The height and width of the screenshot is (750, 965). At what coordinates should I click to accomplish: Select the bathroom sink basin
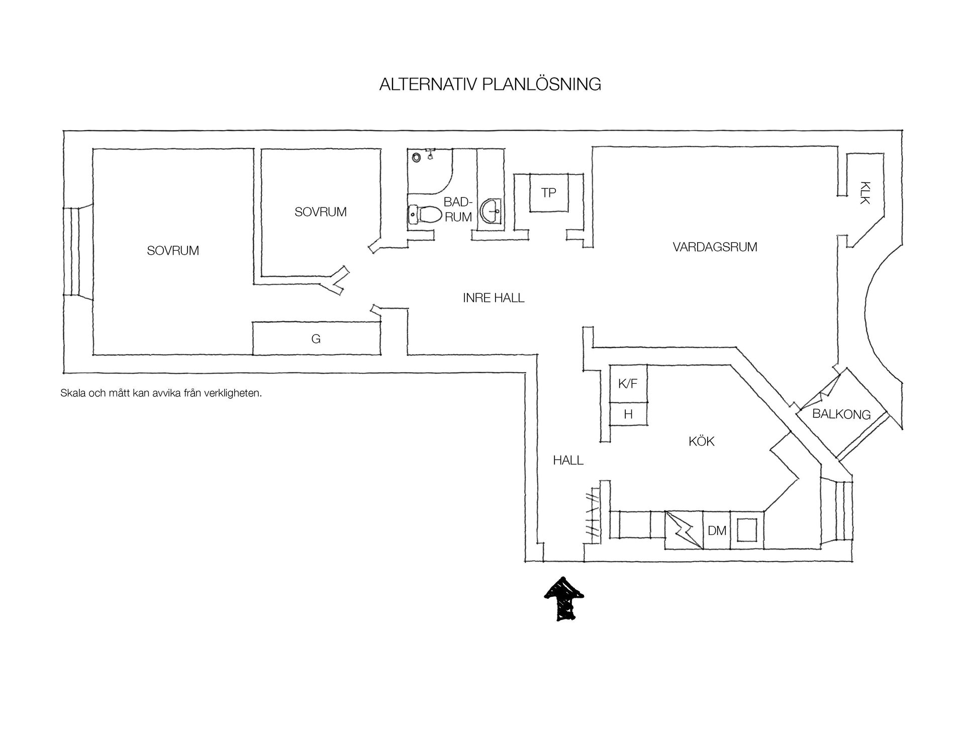click(x=491, y=211)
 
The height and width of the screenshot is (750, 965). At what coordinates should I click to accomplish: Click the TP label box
click(x=549, y=193)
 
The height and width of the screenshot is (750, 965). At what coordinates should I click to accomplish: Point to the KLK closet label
click(x=864, y=192)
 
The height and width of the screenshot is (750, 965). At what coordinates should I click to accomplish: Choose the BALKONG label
click(x=841, y=414)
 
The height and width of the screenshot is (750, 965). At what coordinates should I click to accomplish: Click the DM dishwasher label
click(x=717, y=530)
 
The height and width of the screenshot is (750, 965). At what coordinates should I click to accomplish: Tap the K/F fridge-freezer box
click(x=628, y=384)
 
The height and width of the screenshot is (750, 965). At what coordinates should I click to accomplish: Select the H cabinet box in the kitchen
click(x=628, y=414)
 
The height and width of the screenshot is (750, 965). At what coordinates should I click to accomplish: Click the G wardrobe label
click(x=316, y=339)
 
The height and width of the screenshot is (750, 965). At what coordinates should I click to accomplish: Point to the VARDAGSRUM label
click(x=715, y=247)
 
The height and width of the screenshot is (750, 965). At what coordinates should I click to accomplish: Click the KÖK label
click(x=702, y=441)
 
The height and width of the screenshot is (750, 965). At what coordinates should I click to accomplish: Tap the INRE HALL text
click(x=494, y=298)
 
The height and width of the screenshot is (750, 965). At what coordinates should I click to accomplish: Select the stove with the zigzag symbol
click(x=684, y=530)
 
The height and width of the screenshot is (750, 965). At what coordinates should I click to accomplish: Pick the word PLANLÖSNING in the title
click(x=541, y=84)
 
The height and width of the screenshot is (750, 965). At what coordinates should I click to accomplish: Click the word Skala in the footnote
click(x=73, y=393)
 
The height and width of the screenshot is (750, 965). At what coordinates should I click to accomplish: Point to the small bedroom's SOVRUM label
click(x=321, y=212)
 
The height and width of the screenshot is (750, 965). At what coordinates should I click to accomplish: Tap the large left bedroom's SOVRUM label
click(x=173, y=251)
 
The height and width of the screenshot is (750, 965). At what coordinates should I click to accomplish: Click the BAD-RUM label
click(x=458, y=209)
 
